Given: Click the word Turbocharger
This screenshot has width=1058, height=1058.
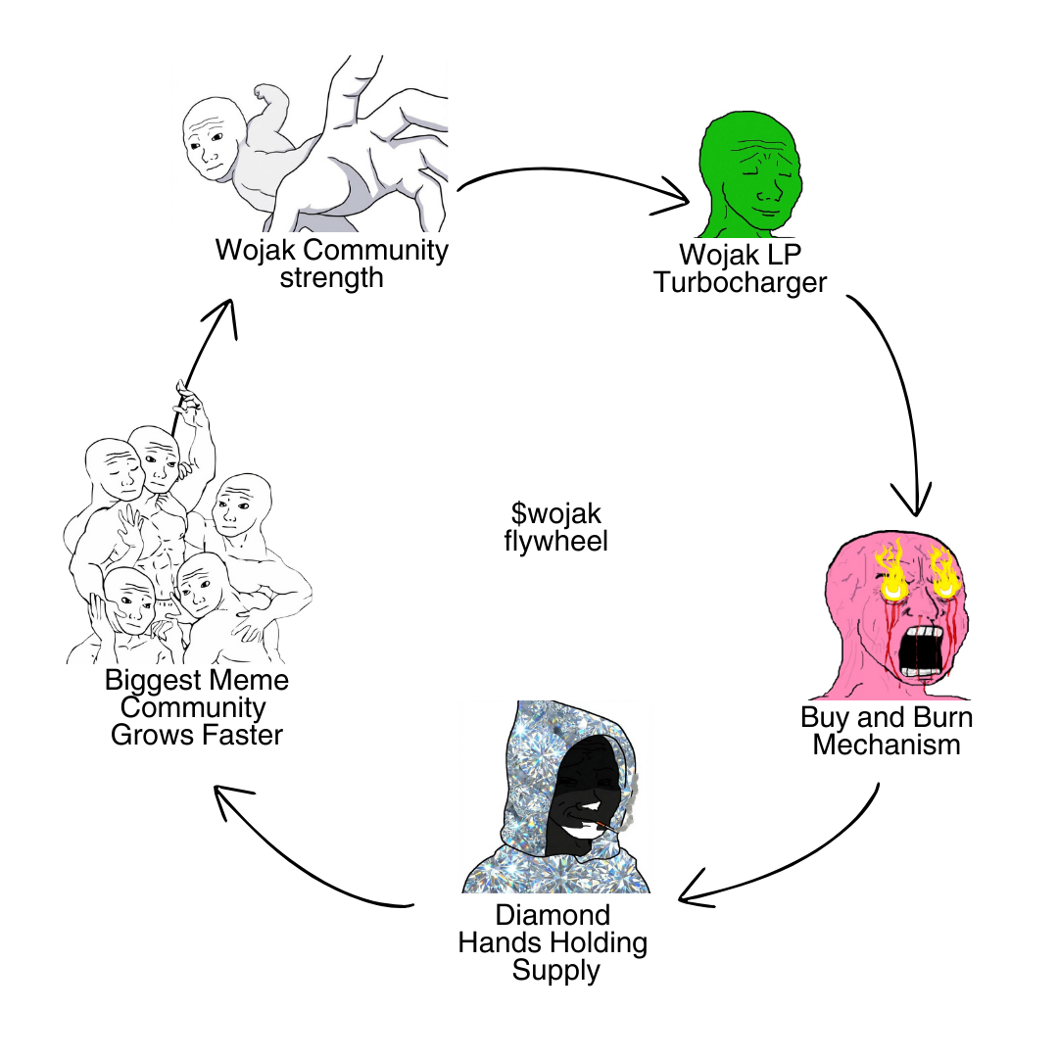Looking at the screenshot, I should (x=741, y=283).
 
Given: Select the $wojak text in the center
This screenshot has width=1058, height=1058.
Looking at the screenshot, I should (x=555, y=512).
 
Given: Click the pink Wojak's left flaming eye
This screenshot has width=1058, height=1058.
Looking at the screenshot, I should (x=891, y=579).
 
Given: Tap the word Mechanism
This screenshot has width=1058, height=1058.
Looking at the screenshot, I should (x=887, y=745).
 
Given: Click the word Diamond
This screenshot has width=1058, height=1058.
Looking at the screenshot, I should (x=553, y=915).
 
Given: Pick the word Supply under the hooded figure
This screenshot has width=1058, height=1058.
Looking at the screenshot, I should (x=555, y=971).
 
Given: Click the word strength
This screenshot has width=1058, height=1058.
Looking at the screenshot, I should (x=331, y=277).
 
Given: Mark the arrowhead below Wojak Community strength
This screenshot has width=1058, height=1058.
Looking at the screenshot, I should (x=223, y=312).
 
